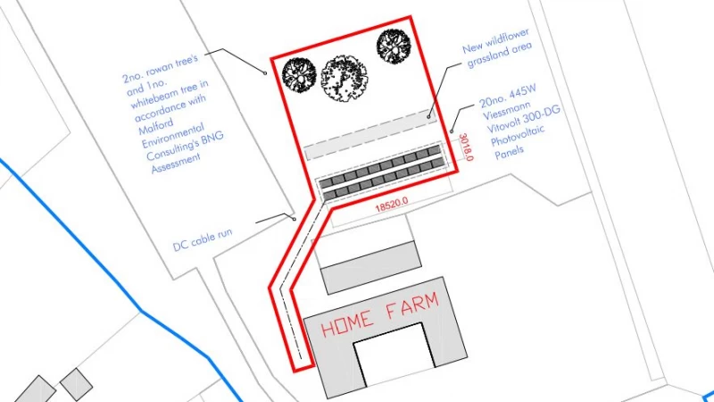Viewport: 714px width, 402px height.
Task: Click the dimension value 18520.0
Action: pyautogui.click(x=391, y=205)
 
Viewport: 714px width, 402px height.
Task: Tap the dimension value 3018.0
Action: pyautogui.click(x=466, y=147)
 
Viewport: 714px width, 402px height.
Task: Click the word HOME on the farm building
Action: pyautogui.click(x=347, y=322)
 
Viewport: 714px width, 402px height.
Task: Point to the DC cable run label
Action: pyautogui.click(x=203, y=239)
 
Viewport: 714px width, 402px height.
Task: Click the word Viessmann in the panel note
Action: pyautogui.click(x=506, y=110)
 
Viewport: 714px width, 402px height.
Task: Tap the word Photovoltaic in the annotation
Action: pyautogui.click(x=518, y=136)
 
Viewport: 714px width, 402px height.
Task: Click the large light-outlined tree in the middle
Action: pyautogui.click(x=345, y=78)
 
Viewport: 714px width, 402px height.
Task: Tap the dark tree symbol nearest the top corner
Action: pyautogui.click(x=394, y=46)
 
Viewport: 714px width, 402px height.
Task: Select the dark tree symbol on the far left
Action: pyautogui.click(x=299, y=75)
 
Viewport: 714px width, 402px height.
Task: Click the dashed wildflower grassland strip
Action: pyautogui.click(x=369, y=135)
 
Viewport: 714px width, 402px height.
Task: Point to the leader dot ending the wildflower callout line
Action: pyautogui.click(x=428, y=117)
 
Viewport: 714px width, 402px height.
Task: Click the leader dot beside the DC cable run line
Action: pyautogui.click(x=295, y=219)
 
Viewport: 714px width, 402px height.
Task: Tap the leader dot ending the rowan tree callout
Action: pyautogui.click(x=265, y=73)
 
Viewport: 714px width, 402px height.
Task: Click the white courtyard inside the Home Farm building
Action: pyautogui.click(x=394, y=354)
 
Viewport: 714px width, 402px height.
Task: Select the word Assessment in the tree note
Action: pyautogui.click(x=176, y=163)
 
